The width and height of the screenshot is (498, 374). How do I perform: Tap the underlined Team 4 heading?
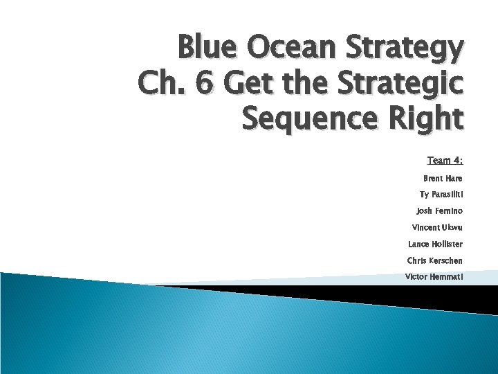pyautogui.click(x=445, y=161)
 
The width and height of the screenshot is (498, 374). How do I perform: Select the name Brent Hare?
pyautogui.click(x=443, y=178)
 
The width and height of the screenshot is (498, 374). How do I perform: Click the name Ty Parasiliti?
pyautogui.click(x=441, y=195)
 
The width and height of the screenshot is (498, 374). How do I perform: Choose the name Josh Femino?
pyautogui.click(x=439, y=211)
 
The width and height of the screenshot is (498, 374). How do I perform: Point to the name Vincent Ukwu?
pyautogui.click(x=437, y=227)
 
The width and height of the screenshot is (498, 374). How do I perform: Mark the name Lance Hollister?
pyautogui.click(x=435, y=244)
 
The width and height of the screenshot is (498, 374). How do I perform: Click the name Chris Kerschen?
pyautogui.click(x=434, y=260)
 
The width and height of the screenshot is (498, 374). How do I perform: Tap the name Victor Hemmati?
pyautogui.click(x=434, y=277)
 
